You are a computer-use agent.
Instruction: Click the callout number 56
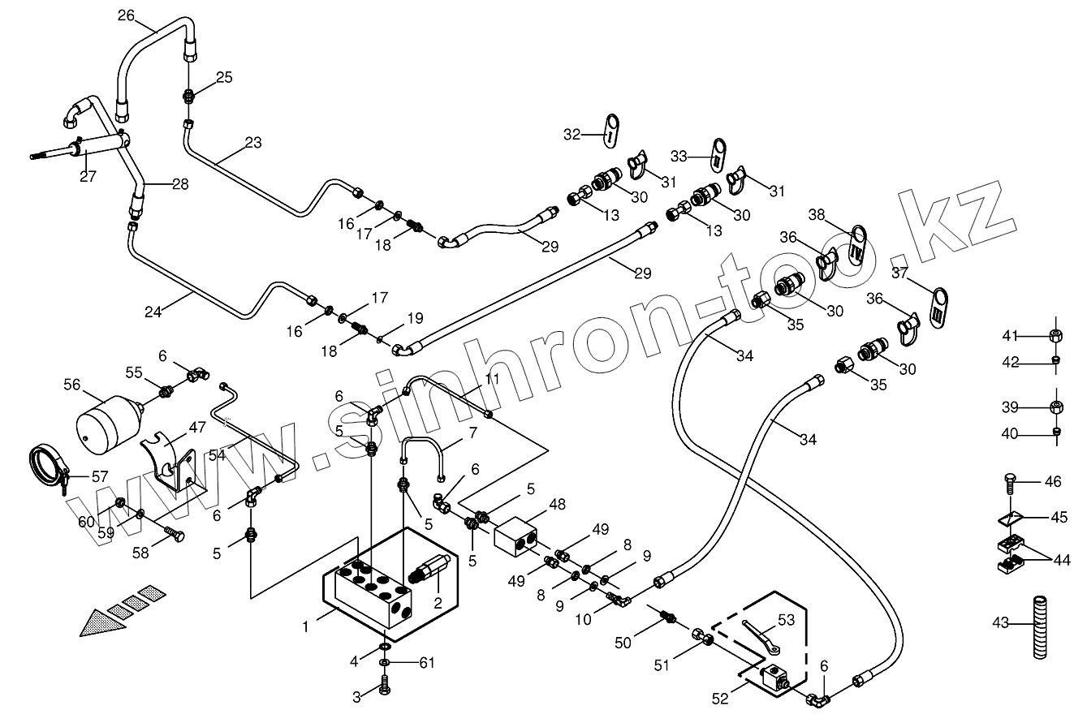point(72,385)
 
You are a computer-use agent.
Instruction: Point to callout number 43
point(1000,623)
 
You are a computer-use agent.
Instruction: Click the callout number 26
point(127,15)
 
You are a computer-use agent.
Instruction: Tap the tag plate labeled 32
point(610,131)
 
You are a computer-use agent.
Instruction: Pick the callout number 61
point(426,662)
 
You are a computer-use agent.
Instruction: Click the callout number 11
point(493,379)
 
